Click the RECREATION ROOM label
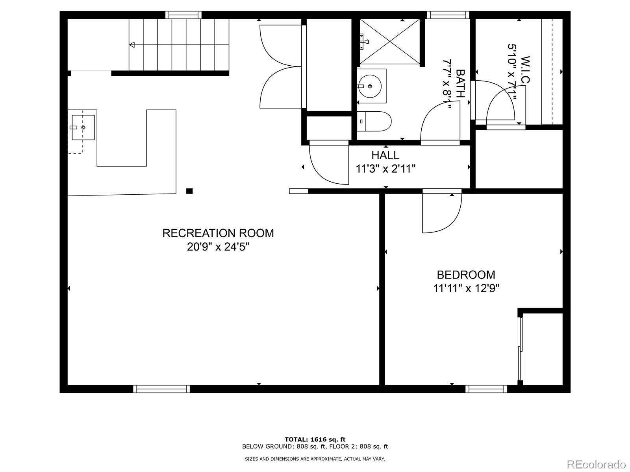(218, 233)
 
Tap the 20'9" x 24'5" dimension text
(218, 247)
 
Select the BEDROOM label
(466, 275)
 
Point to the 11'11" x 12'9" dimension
(466, 289)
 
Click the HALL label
(385, 155)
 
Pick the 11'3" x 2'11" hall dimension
(385, 169)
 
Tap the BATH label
(460, 83)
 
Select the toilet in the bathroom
(374, 121)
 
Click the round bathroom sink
(370, 86)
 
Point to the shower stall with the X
(390, 41)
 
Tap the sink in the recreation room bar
(83, 127)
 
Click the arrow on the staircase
(132, 45)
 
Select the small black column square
(189, 191)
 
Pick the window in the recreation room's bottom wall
(161, 389)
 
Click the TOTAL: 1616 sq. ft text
(315, 439)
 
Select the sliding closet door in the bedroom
(520, 348)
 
